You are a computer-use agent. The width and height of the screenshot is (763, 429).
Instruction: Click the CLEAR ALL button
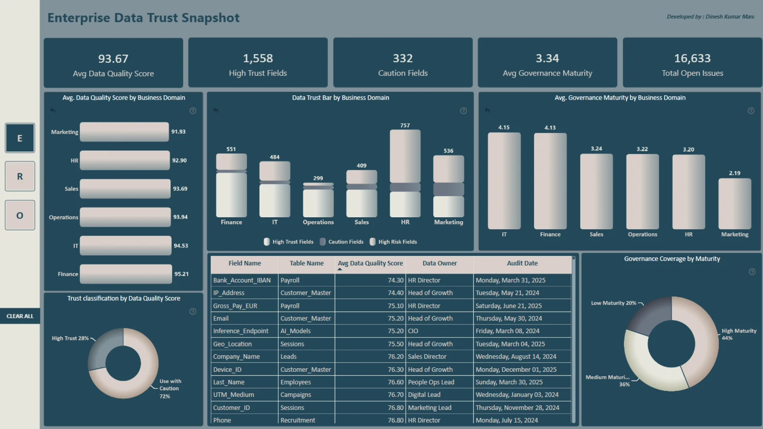click(20, 316)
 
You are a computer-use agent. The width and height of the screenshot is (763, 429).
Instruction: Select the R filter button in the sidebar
click(20, 176)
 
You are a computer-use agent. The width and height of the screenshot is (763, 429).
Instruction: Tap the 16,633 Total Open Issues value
click(692, 58)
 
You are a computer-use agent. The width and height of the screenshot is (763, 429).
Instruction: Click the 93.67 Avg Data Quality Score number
click(113, 59)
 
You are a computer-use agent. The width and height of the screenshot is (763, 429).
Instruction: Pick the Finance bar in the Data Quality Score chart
click(126, 274)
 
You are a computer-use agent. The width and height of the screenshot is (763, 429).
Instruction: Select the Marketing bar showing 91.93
click(124, 132)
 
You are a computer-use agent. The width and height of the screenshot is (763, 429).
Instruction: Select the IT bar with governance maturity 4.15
click(504, 181)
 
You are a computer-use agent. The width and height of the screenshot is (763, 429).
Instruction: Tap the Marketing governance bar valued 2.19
click(734, 204)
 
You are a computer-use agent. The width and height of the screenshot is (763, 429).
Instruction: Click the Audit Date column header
click(522, 263)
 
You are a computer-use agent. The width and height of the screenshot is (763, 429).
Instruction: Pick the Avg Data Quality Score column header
click(370, 263)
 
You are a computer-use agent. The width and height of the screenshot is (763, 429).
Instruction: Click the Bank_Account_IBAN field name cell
click(242, 280)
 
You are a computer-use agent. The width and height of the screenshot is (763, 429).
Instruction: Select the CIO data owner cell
click(413, 331)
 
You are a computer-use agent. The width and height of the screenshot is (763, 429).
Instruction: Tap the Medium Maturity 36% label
click(608, 377)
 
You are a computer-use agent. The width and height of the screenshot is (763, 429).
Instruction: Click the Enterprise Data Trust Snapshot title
click(143, 18)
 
